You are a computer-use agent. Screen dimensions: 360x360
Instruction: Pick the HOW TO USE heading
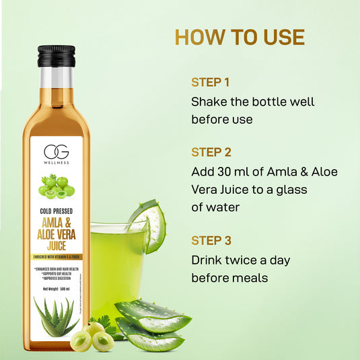click(240, 36)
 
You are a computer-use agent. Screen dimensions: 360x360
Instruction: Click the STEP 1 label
click(210, 83)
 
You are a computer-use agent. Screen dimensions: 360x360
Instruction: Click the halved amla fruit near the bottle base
click(103, 340)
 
